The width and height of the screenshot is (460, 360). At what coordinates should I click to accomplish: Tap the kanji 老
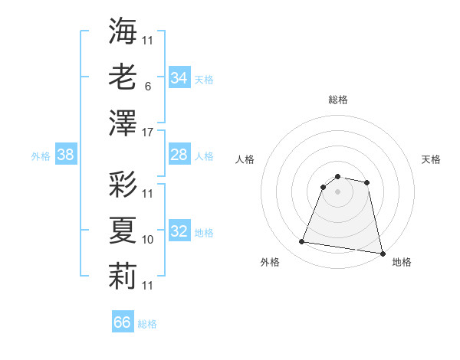click(123, 77)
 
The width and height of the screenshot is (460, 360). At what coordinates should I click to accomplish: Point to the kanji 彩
click(123, 185)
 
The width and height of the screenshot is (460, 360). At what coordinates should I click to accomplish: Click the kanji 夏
click(123, 229)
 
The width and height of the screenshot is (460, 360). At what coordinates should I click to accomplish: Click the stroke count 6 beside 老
click(148, 87)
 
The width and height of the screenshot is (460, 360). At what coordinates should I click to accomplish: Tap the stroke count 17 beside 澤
click(148, 133)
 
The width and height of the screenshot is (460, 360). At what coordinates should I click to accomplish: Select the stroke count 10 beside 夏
click(148, 240)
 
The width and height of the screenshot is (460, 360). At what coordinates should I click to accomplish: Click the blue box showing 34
click(179, 78)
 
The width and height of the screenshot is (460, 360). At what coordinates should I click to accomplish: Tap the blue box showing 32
click(179, 232)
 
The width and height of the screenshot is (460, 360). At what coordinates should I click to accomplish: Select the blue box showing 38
click(66, 155)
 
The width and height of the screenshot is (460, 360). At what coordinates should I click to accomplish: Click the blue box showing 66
click(123, 322)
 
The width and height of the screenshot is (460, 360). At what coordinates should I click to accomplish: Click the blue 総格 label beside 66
click(147, 324)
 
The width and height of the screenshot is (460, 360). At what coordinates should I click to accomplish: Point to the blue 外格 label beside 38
click(41, 156)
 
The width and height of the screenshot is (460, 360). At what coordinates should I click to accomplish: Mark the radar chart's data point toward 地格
click(381, 253)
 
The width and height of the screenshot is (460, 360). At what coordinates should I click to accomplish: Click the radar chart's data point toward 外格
click(302, 242)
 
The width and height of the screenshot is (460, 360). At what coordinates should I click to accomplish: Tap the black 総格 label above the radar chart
click(337, 100)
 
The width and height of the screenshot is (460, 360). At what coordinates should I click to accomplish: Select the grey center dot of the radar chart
click(337, 191)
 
